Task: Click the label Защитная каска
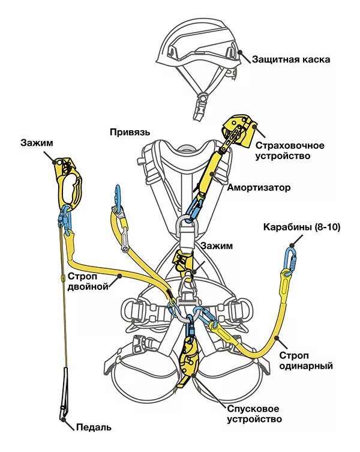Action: (x=291, y=59)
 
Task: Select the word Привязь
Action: (x=130, y=131)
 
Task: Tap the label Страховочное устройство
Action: (x=290, y=151)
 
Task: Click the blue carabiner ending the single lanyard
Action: (x=292, y=259)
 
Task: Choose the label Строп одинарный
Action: (x=306, y=360)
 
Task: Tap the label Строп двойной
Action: (x=87, y=281)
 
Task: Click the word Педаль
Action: (x=94, y=427)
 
